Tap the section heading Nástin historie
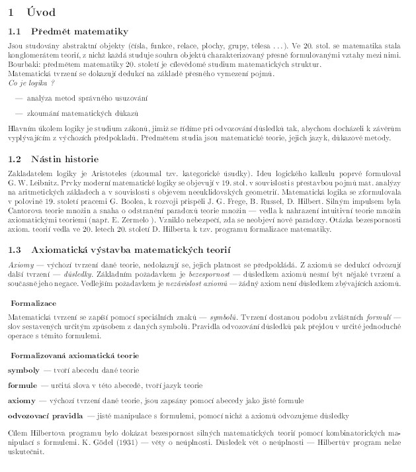coord(65,160)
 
